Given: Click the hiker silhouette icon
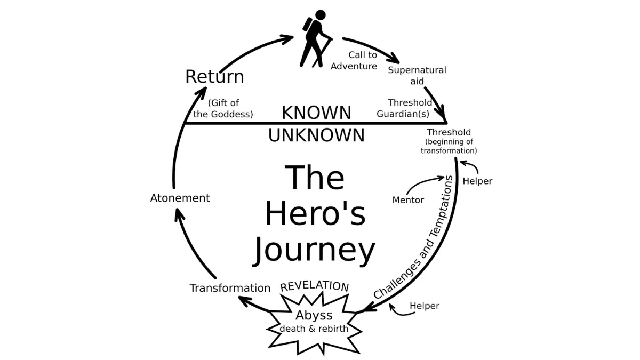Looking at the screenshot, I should [x=316, y=38].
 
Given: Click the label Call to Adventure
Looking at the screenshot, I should [x=354, y=61].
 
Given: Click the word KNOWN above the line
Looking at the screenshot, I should [x=316, y=113].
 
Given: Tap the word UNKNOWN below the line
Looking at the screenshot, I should [x=316, y=135].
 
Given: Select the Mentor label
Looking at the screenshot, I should [x=408, y=200].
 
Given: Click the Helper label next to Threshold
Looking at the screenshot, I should [x=477, y=181].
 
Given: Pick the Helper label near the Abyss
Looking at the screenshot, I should [x=425, y=306].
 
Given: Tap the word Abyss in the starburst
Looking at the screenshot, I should [x=314, y=315].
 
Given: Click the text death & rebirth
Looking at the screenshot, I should [x=314, y=329].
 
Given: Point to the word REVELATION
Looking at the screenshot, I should [x=315, y=286].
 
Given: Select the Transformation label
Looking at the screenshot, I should [x=230, y=288].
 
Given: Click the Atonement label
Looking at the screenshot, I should [x=180, y=198].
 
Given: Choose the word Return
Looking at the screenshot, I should [x=214, y=77].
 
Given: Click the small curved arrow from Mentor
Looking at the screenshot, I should [x=424, y=184].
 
